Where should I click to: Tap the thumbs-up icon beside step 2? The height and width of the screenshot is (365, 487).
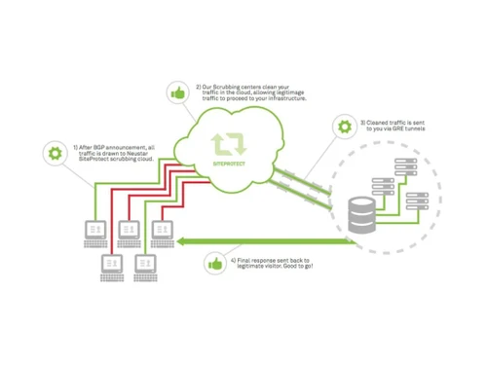pyautogui.click(x=177, y=92)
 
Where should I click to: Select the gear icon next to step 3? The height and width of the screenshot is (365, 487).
pyautogui.click(x=343, y=127)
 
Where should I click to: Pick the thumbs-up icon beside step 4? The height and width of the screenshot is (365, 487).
pyautogui.click(x=213, y=263)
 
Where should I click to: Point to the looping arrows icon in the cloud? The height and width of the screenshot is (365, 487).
pyautogui.click(x=230, y=144)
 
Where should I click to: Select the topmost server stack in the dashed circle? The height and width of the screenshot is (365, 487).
pyautogui.click(x=388, y=170)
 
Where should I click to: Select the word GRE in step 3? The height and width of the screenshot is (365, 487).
pyautogui.click(x=397, y=128)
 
